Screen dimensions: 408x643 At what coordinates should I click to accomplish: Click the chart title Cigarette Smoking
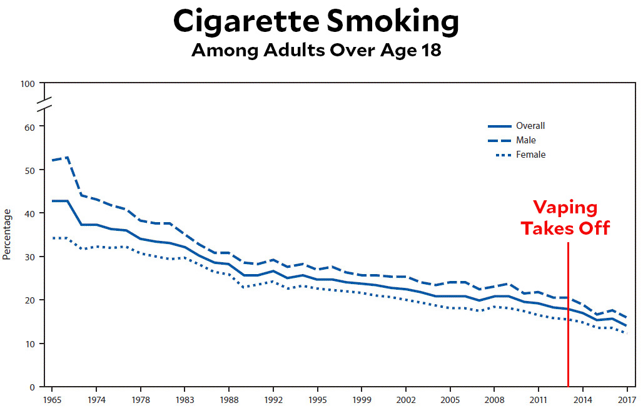[x=316, y=22]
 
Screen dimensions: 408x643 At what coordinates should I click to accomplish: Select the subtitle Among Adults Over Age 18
[x=316, y=50]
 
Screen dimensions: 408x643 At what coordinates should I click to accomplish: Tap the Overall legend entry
[x=530, y=126]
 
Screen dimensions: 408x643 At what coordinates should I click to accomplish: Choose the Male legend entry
[x=525, y=140]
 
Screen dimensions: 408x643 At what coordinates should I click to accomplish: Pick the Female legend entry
[x=530, y=155]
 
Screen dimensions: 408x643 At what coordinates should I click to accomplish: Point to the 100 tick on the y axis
[x=28, y=83]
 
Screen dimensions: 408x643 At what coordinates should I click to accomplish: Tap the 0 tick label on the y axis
[x=33, y=387]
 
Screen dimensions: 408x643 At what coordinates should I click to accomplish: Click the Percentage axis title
[x=7, y=235]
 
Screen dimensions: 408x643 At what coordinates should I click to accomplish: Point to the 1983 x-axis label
[x=185, y=399]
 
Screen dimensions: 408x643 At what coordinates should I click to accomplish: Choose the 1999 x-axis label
[x=362, y=399]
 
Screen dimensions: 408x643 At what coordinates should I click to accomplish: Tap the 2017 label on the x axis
[x=627, y=399]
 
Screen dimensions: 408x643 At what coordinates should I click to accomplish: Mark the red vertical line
[x=568, y=313]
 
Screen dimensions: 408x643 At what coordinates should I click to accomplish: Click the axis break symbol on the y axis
[x=44, y=105]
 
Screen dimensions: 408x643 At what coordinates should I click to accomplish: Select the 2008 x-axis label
[x=495, y=399]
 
